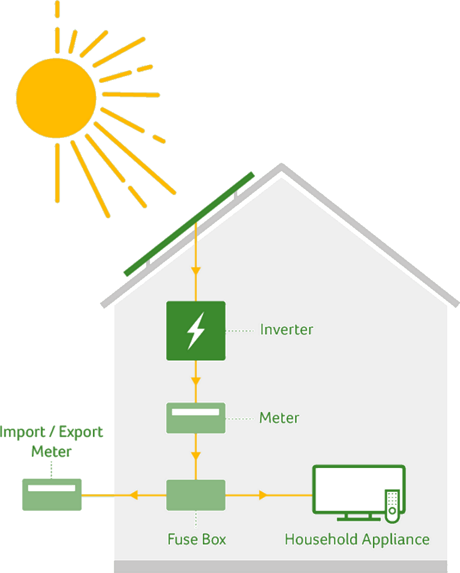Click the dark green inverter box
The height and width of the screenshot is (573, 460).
click(196, 330)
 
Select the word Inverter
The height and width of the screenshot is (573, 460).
click(287, 330)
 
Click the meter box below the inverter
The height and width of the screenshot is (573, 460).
click(196, 418)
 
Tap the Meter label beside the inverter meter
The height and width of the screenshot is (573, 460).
click(279, 417)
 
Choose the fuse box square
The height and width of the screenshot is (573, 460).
click(196, 495)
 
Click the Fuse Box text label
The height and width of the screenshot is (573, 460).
click(197, 539)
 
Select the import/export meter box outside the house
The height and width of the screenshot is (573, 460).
click(52, 494)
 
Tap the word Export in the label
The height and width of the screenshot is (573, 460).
click(81, 432)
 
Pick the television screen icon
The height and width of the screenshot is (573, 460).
click(356, 489)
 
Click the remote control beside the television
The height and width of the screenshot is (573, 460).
click(392, 505)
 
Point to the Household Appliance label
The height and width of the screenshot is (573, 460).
click(357, 539)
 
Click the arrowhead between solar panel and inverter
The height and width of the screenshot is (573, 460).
click(196, 271)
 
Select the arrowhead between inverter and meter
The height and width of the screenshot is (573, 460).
click(196, 381)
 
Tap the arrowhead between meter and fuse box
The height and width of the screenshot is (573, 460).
click(196, 457)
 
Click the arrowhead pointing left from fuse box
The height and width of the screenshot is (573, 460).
click(133, 495)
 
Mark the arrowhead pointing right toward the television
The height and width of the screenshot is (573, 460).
click(263, 495)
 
